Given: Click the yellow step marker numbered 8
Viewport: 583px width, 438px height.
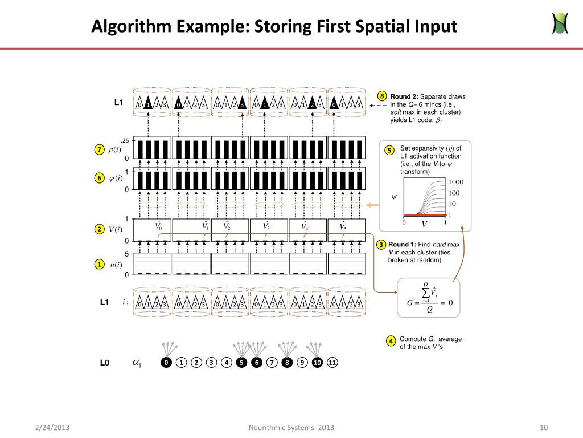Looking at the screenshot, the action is [383, 96].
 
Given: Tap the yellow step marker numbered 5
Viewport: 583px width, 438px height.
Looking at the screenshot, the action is [389, 151].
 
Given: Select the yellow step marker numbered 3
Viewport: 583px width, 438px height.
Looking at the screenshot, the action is [381, 245].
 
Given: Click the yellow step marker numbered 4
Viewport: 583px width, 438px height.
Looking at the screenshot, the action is [392, 341].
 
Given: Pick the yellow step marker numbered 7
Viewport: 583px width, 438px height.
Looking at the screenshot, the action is [98, 149].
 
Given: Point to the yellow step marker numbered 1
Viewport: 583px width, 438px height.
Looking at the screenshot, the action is [98, 265].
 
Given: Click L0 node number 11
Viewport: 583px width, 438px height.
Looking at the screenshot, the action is [333, 363].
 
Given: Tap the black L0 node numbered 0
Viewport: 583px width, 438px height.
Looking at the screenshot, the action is [166, 363].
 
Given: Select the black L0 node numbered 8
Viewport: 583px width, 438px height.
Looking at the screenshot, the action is [288, 363].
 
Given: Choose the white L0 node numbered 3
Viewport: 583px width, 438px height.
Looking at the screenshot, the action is [211, 363].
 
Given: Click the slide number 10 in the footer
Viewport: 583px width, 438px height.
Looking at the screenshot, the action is [543, 428].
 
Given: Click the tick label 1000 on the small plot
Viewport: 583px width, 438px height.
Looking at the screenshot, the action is [456, 182].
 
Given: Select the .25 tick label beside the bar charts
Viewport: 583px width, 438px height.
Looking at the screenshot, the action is [125, 141].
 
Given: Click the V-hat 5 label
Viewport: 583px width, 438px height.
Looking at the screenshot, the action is [343, 226].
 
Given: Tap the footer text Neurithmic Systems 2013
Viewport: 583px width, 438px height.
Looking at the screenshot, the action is [291, 428].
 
